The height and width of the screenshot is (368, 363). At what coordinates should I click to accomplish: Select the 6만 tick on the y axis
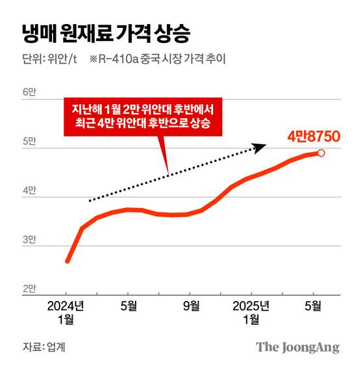point(31,92)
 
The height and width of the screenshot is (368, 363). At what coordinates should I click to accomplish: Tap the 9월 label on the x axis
point(191,305)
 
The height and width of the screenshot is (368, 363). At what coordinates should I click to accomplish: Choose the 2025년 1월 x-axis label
point(251,311)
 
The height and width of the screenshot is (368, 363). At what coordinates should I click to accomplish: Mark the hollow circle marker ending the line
point(321,153)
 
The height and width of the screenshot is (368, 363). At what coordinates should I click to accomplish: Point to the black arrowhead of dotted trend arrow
point(260,148)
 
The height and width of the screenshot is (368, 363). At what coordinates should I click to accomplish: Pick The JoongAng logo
point(297,347)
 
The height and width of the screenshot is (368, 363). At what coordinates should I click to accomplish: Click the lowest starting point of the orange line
point(68,261)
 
